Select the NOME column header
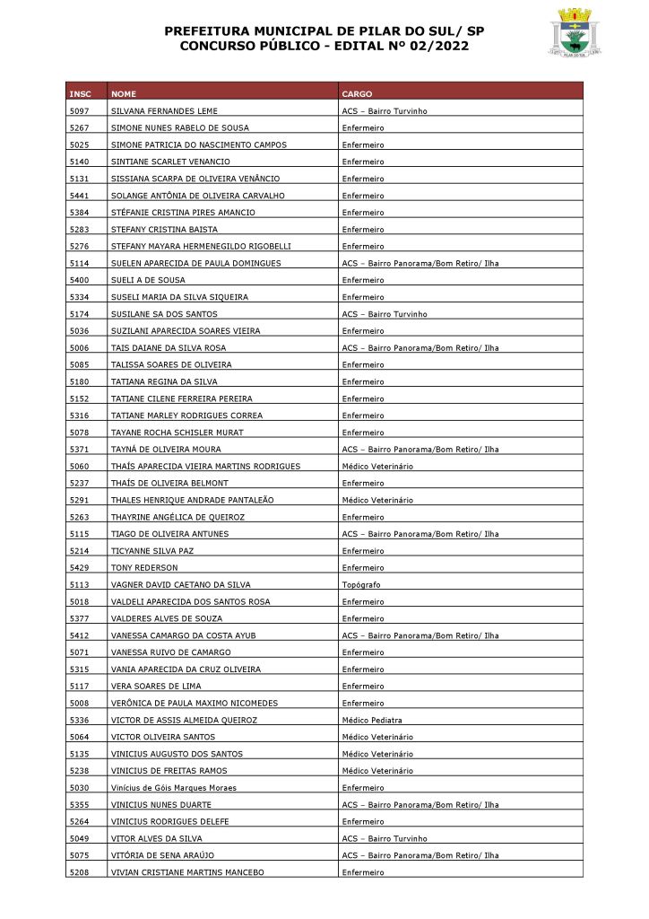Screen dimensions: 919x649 tap(124, 94)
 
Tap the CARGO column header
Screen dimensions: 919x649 tap(357, 94)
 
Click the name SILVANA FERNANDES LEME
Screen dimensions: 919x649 tap(164, 111)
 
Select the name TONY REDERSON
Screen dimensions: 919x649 tap(144, 568)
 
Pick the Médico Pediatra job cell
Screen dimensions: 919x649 tap(372, 721)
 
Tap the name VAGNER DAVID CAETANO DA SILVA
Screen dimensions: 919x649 tap(180, 585)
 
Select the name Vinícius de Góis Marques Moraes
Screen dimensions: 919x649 tap(174, 788)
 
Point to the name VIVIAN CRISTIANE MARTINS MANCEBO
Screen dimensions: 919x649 tap(187, 872)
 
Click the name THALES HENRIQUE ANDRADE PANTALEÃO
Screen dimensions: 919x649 tap(192, 500)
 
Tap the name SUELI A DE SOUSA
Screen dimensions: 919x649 tap(147, 280)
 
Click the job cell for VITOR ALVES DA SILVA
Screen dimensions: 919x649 tap(385, 839)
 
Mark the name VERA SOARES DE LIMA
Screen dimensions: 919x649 tap(156, 687)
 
